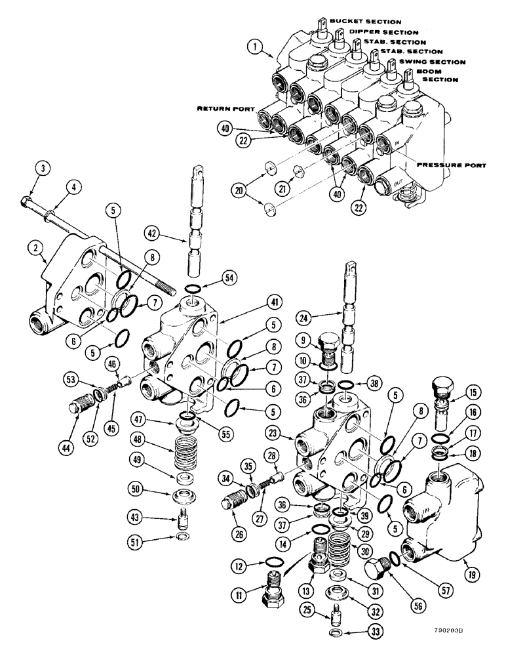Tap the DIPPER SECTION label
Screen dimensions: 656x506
(x=383, y=31)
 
